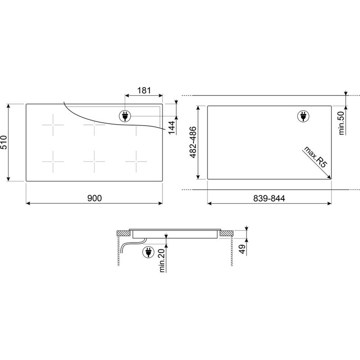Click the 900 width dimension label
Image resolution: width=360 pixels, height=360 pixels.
click(x=94, y=198)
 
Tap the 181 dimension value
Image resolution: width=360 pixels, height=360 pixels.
click(x=144, y=90)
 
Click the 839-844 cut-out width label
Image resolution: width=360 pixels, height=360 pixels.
click(x=270, y=198)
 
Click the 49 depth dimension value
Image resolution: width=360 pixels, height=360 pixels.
click(x=242, y=248)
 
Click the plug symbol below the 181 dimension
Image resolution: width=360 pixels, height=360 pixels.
click(x=125, y=117)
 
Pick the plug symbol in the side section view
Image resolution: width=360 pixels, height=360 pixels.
click(x=147, y=253)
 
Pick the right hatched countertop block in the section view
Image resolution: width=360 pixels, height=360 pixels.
click(x=226, y=233)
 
